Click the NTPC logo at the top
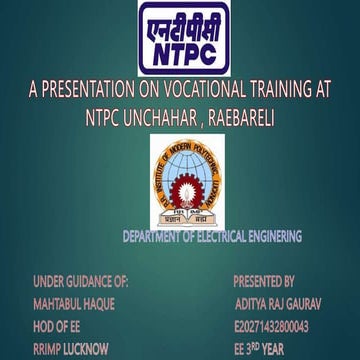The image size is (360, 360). click(x=179, y=37)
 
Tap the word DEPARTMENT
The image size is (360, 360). click(x=157, y=237)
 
